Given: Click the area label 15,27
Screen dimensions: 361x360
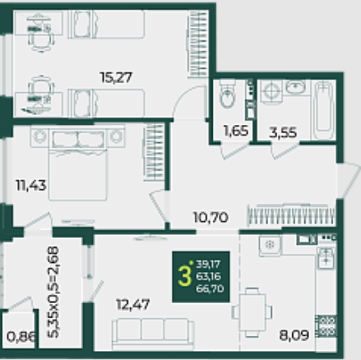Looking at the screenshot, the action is coord(116,77).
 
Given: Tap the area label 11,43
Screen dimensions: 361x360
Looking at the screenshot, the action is coord(31,185).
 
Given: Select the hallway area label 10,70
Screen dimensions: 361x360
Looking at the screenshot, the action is coord(211,217).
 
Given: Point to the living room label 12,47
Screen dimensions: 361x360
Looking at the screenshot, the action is coord(133,305).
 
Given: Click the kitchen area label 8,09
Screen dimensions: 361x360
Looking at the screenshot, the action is coord(294,335).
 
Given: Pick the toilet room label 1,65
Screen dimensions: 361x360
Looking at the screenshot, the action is coord(236,131).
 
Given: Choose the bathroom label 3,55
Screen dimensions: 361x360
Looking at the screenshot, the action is coord(283,133).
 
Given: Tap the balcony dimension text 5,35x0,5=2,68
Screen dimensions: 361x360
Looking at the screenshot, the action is coord(53,292).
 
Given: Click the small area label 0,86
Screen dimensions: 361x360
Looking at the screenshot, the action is coord(21,336).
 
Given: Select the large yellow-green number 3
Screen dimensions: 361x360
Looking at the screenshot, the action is coord(185,276).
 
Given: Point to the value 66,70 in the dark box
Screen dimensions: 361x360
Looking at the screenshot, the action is coord(210,289).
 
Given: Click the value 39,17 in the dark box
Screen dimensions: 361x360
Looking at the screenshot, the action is coord(209,264).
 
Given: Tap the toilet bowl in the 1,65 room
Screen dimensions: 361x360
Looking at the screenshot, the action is coord(228,94).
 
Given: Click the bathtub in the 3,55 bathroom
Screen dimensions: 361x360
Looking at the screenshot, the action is coord(324,110).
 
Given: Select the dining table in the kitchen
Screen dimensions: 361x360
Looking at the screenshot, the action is coord(252,312).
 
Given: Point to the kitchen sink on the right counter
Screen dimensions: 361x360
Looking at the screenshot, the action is coord(326,258).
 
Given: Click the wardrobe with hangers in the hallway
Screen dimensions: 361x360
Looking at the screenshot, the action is coord(292,216).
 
